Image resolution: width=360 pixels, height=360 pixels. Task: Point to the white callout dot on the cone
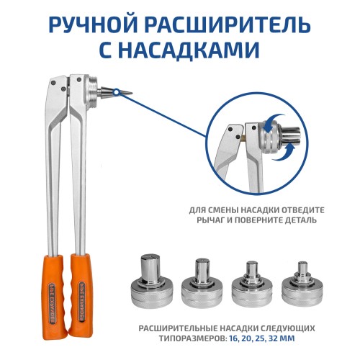pos(117,91)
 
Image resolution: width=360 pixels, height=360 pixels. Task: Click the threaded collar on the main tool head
pos(92,92)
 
